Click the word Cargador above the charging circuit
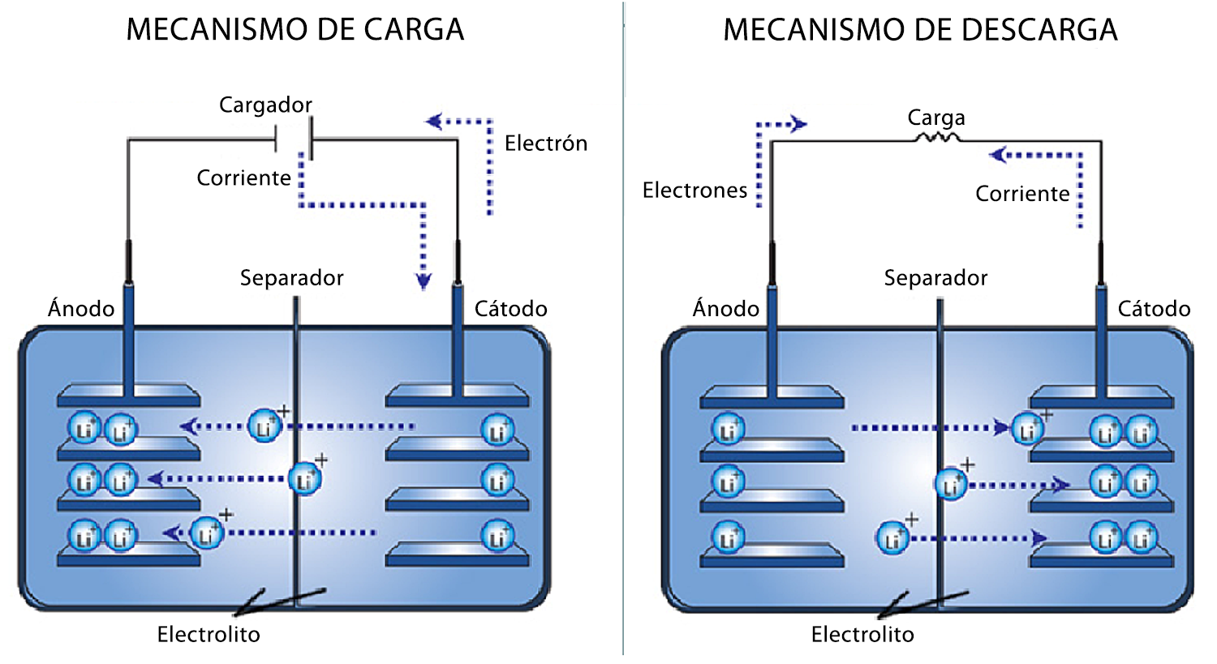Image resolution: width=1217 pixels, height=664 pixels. pos(265,105)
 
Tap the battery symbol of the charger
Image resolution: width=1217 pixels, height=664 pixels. pos(294,139)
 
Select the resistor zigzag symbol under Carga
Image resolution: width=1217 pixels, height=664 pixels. pos(937,139)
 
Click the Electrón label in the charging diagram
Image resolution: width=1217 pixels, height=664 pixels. pos(545,144)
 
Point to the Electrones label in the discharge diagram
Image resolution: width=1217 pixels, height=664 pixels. pos(695,191)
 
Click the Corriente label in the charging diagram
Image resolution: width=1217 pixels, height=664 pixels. pos(243,178)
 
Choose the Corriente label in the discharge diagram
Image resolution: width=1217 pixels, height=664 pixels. pos(1022,195)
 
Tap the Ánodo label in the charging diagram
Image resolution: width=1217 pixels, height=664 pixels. pos(81,309)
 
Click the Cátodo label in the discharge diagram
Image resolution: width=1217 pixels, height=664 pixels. pos(1154,309)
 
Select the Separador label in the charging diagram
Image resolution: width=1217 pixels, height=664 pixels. pos(291,278)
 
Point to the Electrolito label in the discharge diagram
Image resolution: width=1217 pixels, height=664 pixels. pos(862,635)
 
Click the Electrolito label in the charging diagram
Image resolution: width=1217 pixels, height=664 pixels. pos(209,635)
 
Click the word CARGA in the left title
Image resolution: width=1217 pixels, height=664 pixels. pos(413,31)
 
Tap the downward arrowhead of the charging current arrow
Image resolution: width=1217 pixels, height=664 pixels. pos(424,281)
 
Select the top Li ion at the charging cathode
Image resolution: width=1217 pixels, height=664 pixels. pos(497,431)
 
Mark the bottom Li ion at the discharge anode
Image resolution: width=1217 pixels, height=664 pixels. pos(728,538)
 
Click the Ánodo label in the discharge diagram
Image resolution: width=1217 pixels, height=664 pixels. pos(725,309)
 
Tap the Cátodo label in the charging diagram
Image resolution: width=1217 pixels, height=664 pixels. pos(510,309)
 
